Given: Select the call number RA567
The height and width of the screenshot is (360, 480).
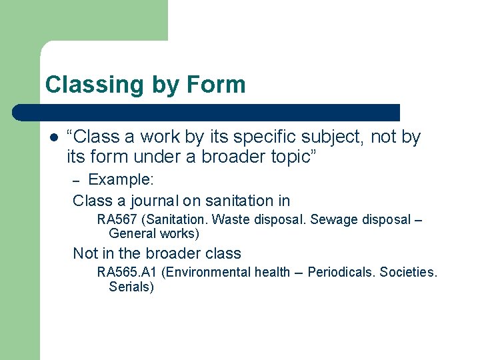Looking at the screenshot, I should tap(117, 220).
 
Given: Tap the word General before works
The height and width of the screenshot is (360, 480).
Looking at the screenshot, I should tap(131, 233).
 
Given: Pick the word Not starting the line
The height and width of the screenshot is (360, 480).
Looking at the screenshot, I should tap(85, 253).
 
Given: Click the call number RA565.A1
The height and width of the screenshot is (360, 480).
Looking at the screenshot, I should tap(127, 272).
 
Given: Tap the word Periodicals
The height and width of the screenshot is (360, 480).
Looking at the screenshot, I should tap(341, 272).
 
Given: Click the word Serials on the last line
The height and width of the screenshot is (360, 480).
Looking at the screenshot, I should tap(131, 287).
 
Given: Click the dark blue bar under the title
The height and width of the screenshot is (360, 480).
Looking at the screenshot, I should tap(207, 113).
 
